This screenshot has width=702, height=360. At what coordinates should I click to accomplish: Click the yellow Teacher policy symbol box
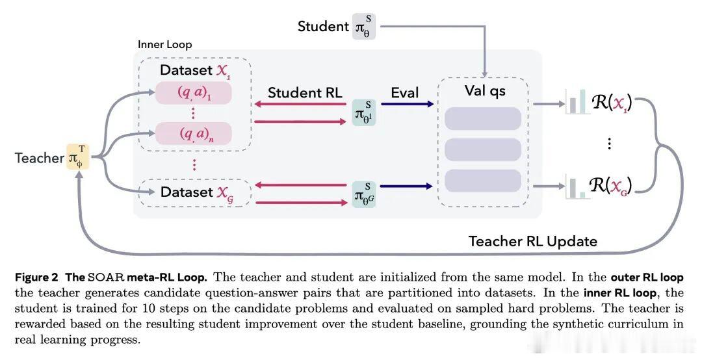click(78, 157)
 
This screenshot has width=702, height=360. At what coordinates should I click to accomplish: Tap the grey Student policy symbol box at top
click(363, 27)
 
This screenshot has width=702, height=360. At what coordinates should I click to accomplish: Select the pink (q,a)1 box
click(194, 93)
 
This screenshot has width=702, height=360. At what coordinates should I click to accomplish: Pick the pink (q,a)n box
click(194, 133)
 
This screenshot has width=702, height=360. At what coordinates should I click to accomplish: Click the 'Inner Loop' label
click(164, 44)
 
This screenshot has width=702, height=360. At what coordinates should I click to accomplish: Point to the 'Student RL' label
click(305, 93)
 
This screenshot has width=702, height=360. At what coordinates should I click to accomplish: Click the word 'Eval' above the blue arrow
click(405, 93)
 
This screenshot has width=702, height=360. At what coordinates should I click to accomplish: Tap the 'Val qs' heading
click(486, 91)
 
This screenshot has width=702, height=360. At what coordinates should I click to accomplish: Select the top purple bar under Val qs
click(483, 119)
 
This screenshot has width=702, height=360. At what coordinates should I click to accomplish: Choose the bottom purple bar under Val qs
click(483, 181)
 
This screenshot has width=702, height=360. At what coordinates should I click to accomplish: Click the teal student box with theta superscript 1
click(364, 112)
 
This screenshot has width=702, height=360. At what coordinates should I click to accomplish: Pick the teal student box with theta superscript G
click(364, 194)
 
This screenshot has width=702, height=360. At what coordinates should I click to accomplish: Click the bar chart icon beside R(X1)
click(576, 101)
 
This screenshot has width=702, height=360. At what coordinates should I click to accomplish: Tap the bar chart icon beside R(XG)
click(576, 186)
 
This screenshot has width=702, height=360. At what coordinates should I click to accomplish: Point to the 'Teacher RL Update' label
click(533, 241)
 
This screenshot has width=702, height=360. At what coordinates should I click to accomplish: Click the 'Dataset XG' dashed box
click(195, 192)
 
